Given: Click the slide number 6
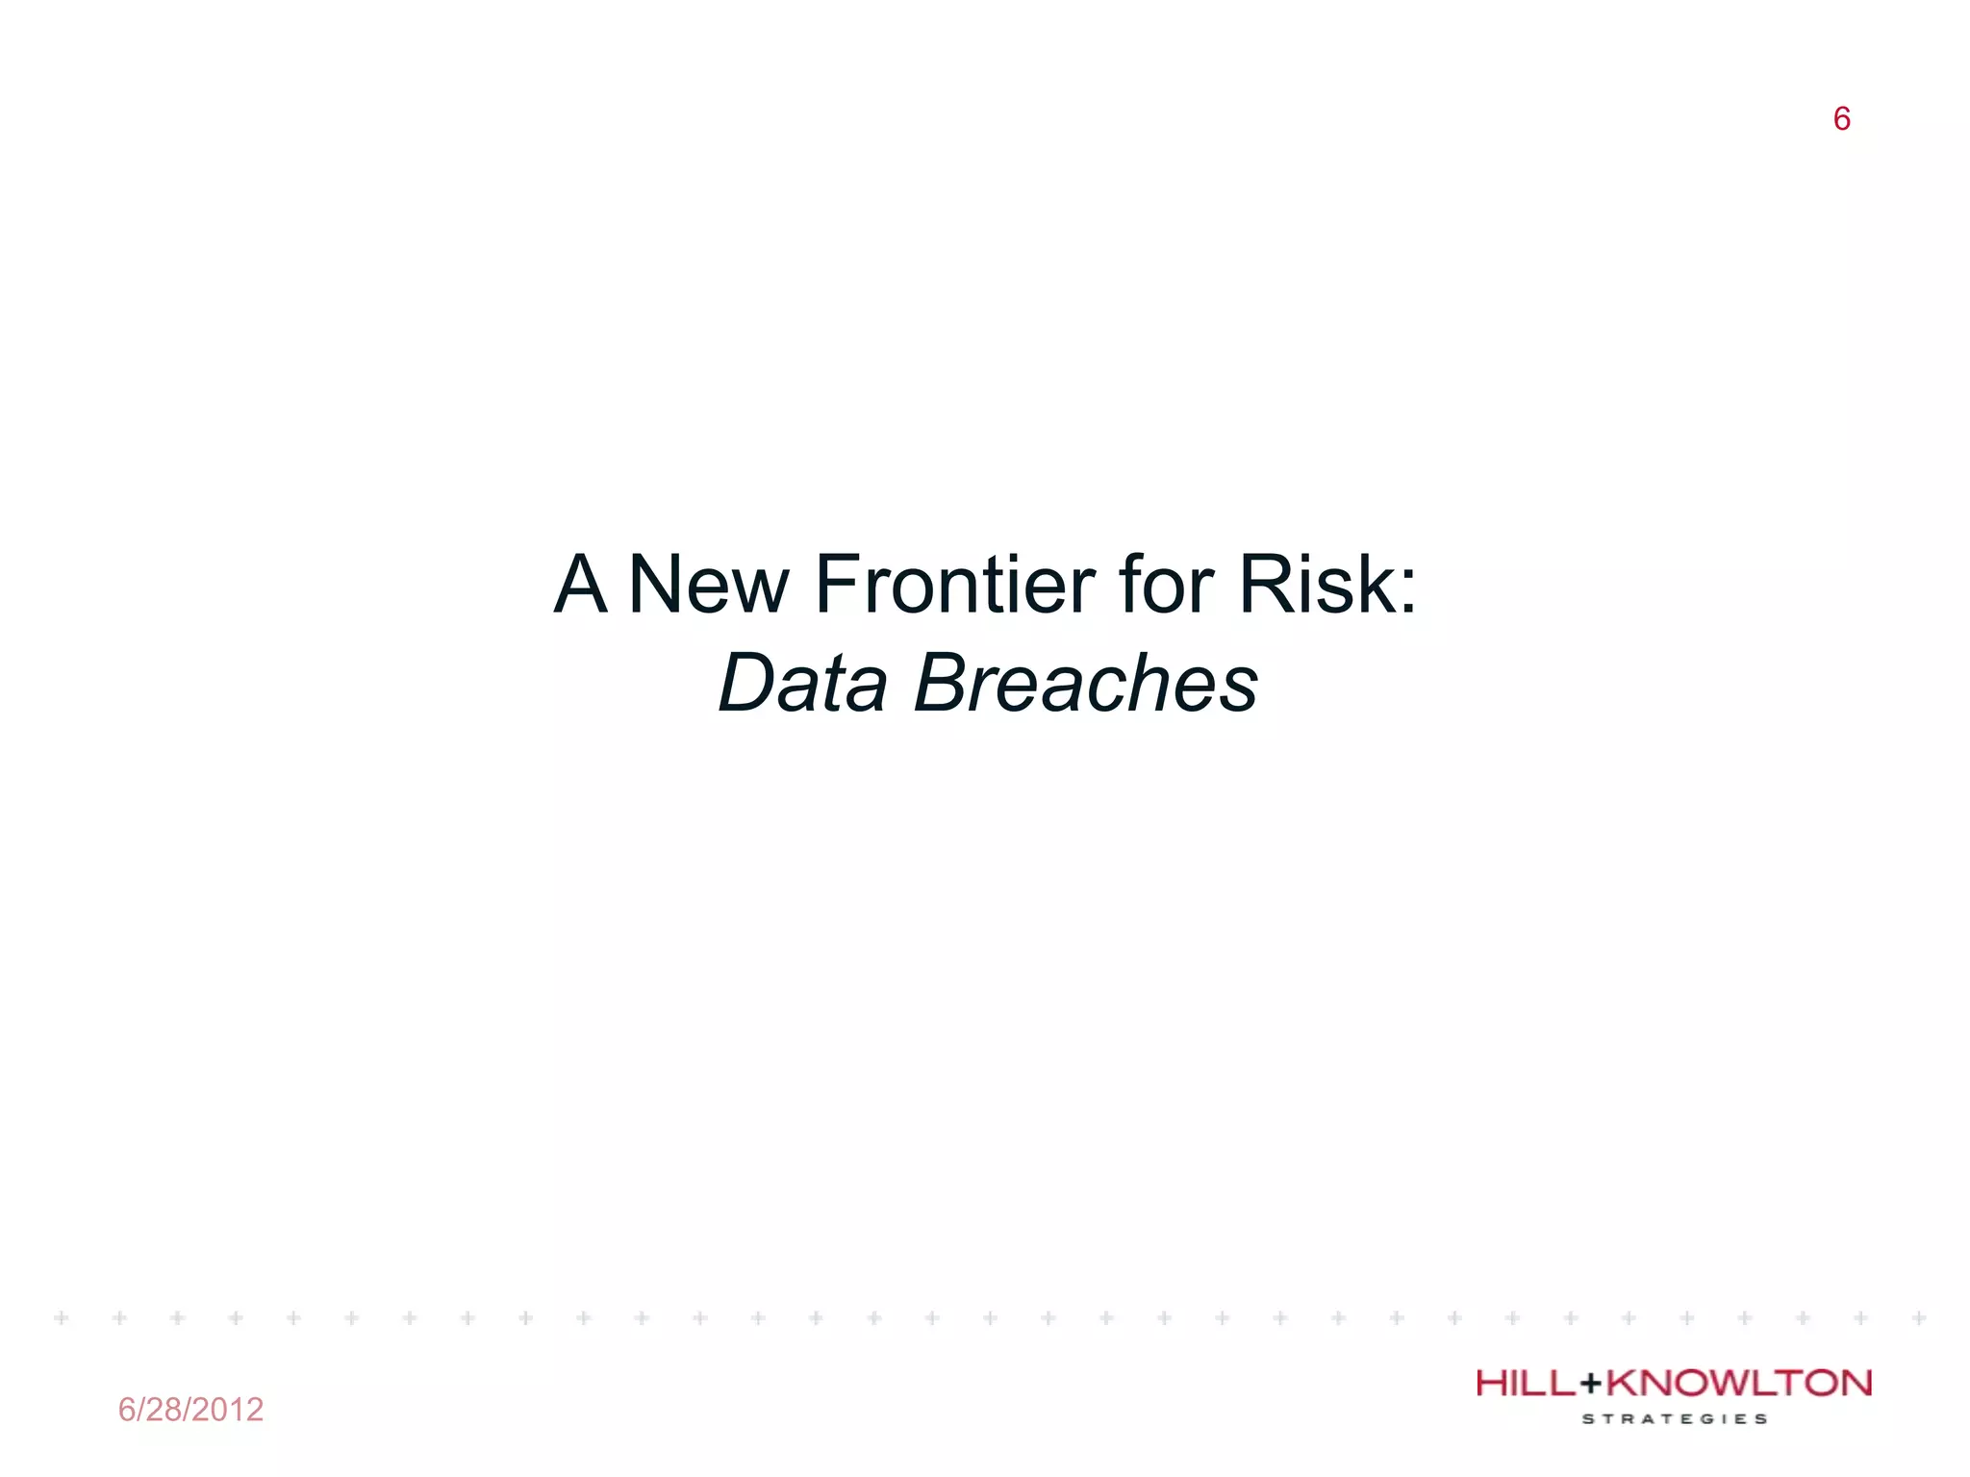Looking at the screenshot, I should [1841, 119].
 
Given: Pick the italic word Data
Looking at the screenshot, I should [803, 683].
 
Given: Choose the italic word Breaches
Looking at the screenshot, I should [1086, 683].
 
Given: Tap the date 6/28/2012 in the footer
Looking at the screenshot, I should [190, 1410].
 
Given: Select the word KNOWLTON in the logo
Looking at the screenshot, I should [1739, 1384].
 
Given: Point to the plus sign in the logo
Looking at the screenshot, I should [1592, 1385].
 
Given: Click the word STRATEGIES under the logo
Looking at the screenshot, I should [1675, 1418].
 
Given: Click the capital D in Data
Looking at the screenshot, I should [749, 683].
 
